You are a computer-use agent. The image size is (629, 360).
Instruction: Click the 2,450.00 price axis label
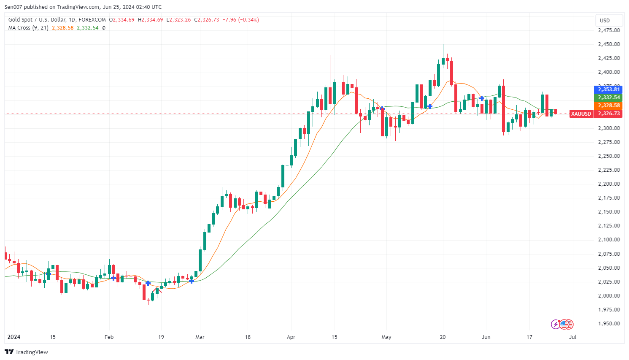pos(609,44)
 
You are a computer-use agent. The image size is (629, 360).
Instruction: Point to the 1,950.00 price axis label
pos(609,324)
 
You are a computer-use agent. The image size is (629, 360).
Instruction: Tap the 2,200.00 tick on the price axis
pos(609,184)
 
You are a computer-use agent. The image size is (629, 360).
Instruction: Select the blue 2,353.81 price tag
pos(608,89)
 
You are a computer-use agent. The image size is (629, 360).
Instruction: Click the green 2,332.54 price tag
pos(608,97)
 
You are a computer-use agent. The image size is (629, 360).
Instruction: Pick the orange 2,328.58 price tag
pos(608,106)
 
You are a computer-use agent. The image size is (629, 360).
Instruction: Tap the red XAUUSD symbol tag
pos(581,114)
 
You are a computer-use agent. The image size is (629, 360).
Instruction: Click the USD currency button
pos(605,20)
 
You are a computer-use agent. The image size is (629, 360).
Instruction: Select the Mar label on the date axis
pos(200,337)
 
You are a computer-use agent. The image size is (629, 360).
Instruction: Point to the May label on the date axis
pos(386,337)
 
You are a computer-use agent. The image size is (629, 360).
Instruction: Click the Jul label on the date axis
pos(572,337)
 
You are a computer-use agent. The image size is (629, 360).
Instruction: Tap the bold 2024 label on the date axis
pos(14,337)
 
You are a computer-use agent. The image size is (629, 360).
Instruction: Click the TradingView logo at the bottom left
pos(26,352)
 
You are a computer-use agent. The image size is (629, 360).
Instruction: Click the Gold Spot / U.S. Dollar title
pos(57,20)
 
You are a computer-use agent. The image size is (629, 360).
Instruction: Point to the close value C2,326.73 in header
pos(206,20)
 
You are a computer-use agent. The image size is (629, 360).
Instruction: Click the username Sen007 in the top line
pos(14,7)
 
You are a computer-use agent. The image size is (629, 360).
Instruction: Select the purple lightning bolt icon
pos(556,324)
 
